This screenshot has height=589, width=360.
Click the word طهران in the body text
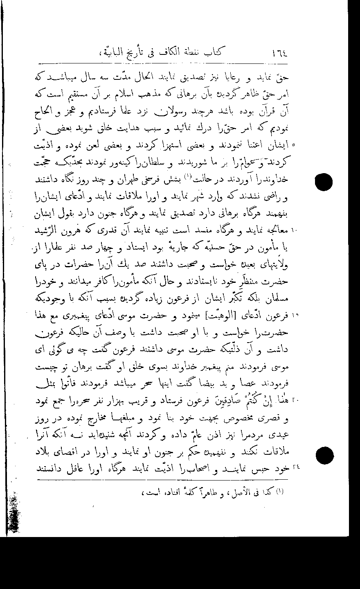(x=128, y=181)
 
